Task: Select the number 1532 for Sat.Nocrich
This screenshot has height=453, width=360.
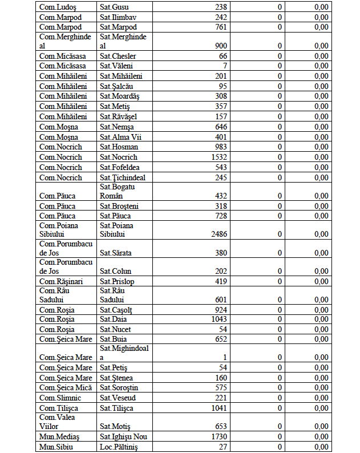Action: pos(219,157)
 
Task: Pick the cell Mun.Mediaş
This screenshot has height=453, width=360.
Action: pos(60,436)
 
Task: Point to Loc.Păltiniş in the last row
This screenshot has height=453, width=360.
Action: pos(119,447)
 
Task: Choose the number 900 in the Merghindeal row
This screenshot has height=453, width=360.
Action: pos(221,46)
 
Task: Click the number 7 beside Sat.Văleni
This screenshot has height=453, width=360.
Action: pos(225,66)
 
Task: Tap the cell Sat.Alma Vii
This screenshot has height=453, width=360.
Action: pos(119,137)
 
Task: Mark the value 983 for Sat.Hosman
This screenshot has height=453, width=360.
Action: pos(221,147)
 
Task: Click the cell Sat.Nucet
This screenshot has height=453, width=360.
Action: pos(114,330)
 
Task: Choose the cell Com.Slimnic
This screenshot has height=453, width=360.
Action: pos(60,398)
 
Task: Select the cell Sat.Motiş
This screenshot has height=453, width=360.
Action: pos(115,426)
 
